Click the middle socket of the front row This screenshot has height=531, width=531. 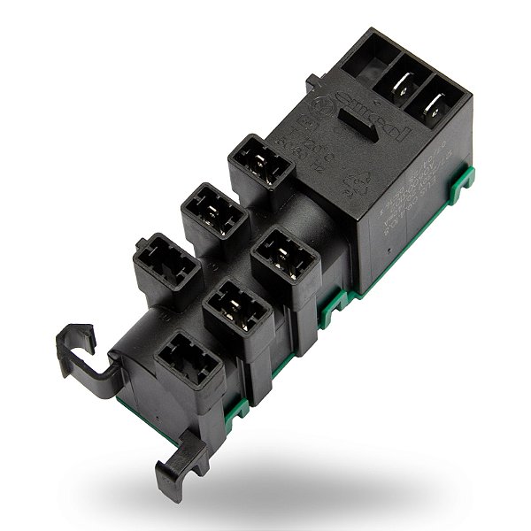236,310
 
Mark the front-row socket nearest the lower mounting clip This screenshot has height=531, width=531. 189,362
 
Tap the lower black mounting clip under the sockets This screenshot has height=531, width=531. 181,469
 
